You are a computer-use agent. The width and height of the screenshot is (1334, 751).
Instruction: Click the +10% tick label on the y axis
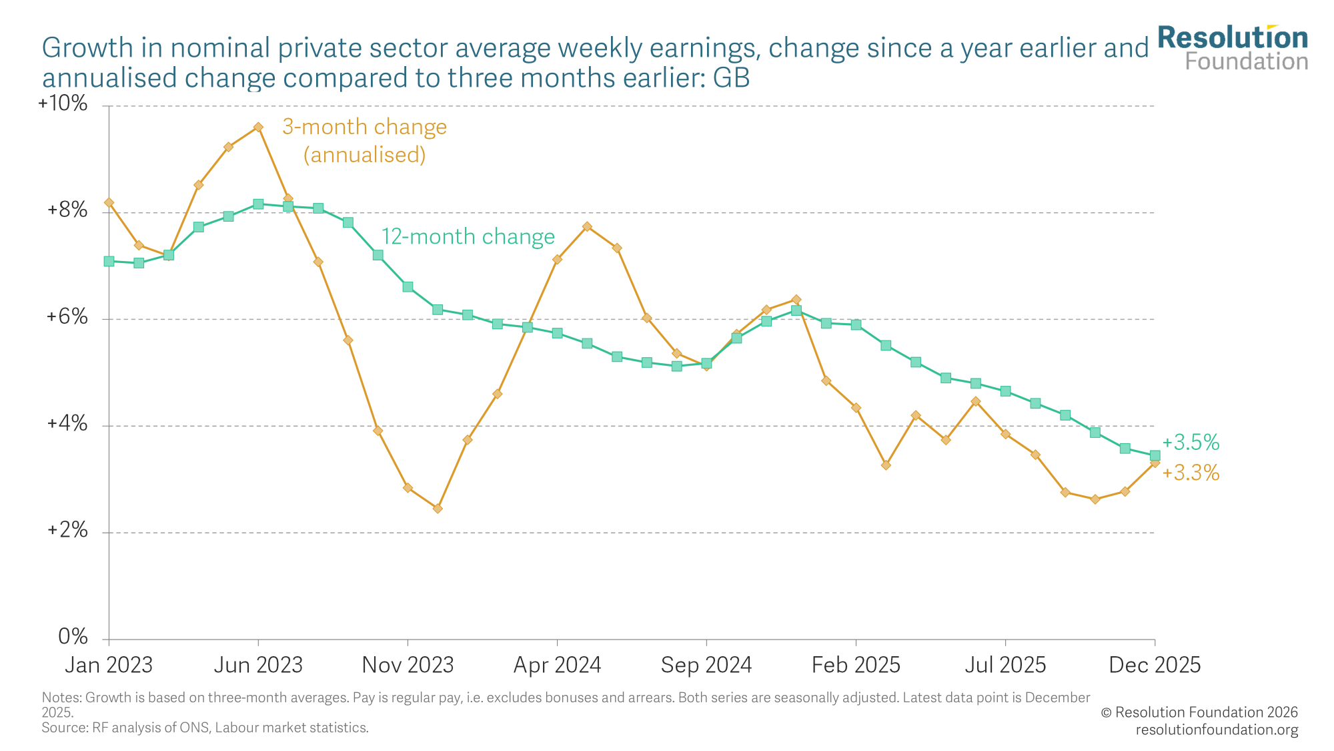click(63, 103)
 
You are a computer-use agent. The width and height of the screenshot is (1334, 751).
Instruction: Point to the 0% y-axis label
click(73, 637)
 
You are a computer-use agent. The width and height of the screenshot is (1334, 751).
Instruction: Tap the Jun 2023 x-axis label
click(258, 665)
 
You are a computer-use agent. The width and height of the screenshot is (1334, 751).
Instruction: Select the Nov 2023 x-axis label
click(408, 665)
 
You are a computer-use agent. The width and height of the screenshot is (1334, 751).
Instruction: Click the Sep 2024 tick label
click(706, 665)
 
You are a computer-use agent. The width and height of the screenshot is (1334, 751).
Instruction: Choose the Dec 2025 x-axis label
click(1155, 665)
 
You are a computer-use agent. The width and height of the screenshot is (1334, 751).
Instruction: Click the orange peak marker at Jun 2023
click(258, 127)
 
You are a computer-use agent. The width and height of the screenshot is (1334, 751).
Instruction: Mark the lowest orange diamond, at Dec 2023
click(438, 509)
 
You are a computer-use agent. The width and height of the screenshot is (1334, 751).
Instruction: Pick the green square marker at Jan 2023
click(109, 261)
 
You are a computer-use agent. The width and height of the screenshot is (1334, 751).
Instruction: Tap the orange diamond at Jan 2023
click(109, 202)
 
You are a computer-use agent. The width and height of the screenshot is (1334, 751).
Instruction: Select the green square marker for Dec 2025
click(1155, 455)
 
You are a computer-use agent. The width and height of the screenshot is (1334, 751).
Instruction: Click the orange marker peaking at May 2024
click(587, 226)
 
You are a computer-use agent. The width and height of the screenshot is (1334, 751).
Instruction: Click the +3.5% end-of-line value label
click(1191, 442)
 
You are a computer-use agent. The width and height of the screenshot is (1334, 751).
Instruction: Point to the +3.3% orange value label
click(1191, 473)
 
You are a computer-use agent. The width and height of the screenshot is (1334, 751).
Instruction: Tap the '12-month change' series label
click(468, 237)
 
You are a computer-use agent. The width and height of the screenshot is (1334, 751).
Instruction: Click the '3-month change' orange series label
click(364, 127)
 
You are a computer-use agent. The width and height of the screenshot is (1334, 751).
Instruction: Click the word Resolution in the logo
click(1233, 38)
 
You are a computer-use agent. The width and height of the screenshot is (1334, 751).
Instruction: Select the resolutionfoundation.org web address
click(1217, 730)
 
